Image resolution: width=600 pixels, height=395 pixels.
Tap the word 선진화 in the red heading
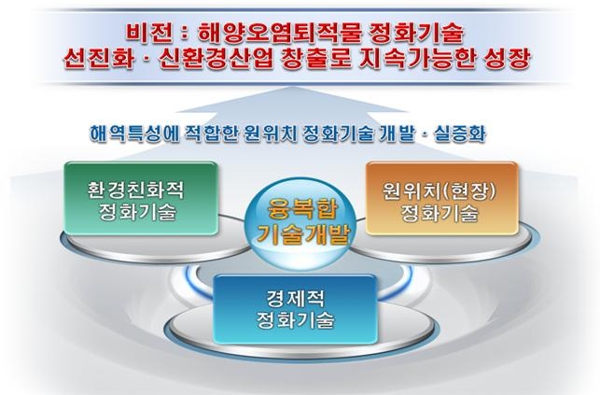point(100,60)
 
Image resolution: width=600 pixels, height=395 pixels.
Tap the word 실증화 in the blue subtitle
point(460,134)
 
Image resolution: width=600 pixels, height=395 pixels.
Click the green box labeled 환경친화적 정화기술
point(141,198)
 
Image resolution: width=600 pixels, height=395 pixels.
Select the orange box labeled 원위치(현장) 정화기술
point(442,198)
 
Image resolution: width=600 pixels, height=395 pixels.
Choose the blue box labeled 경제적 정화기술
point(296,309)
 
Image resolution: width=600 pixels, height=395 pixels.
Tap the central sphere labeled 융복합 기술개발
point(302,220)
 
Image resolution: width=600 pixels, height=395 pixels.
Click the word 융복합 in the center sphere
point(302,209)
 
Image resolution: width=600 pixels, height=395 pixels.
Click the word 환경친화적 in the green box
point(136,189)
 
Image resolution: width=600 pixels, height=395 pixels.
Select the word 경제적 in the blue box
point(296,299)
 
